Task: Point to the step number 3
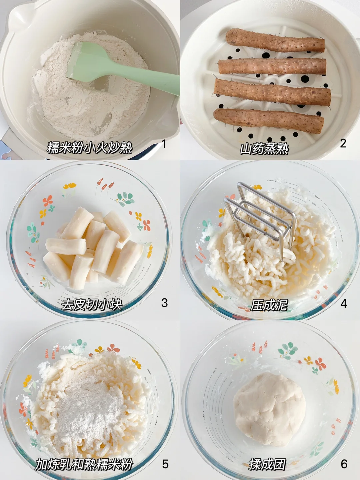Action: pos(164,303)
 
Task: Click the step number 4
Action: pos(344,303)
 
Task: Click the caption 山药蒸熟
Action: pos(264,149)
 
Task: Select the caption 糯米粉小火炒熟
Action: pos(90,148)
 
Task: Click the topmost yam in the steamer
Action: pos(275,40)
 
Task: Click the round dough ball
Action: pos(269,409)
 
